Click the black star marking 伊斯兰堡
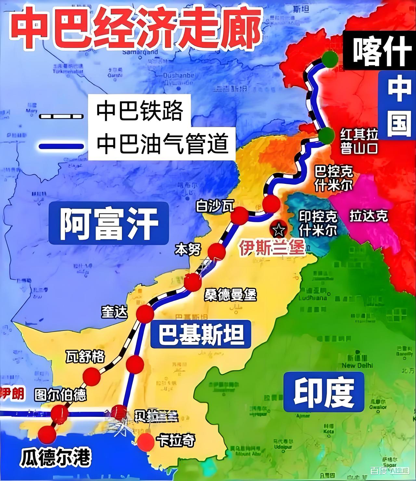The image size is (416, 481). tap(279, 230)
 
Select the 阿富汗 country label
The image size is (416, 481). tap(109, 224)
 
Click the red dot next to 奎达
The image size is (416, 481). tap(145, 314)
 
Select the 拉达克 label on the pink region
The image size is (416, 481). tap(369, 216)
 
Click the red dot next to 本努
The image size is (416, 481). tap(216, 252)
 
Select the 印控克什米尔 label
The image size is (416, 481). tap(318, 224)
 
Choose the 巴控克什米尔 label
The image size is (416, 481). tap(333, 178)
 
